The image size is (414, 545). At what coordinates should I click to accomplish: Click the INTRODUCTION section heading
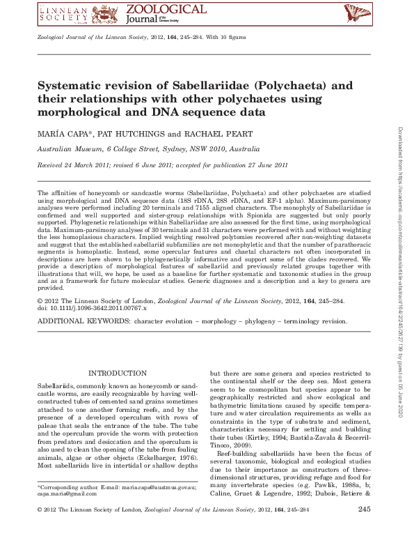point(118,374)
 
